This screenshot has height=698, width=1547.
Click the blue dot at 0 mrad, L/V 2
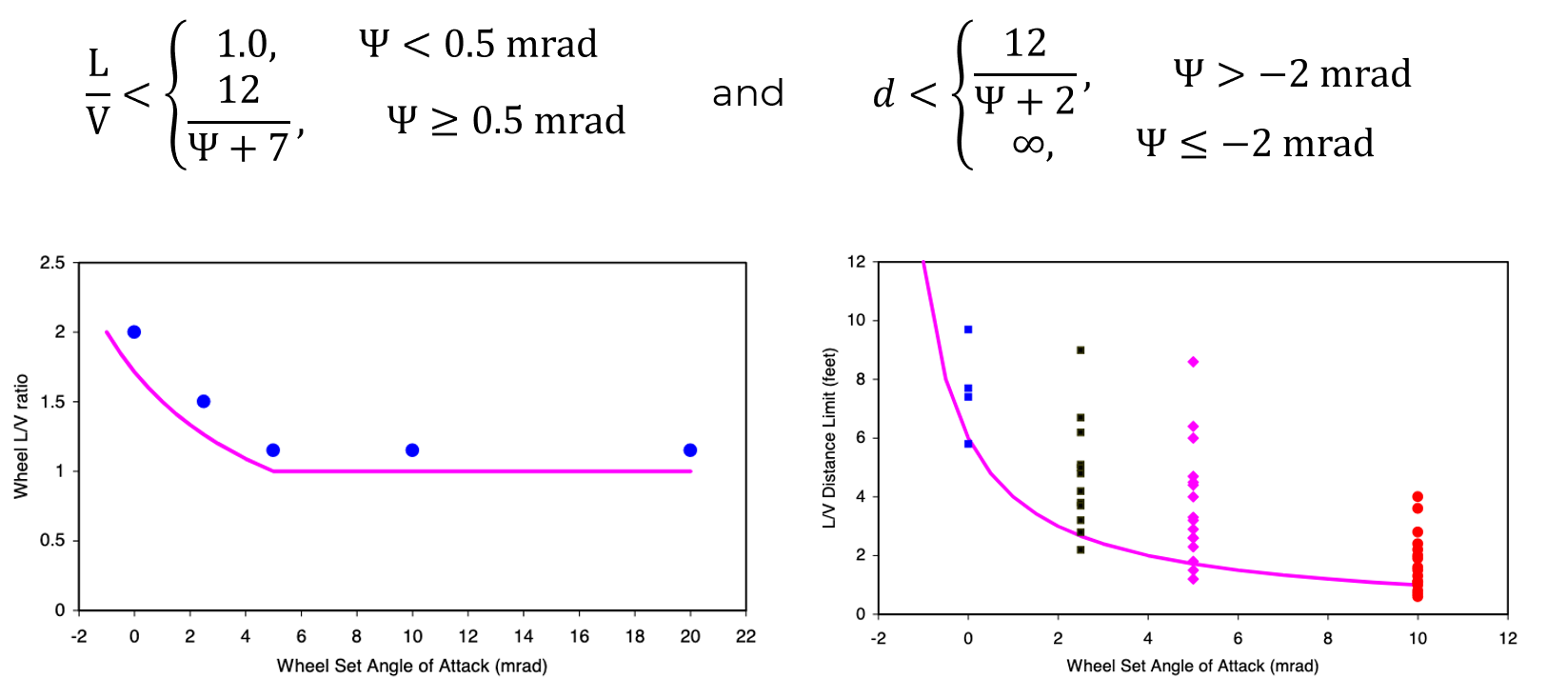[x=134, y=331]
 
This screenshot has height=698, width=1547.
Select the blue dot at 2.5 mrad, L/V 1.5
[x=204, y=401]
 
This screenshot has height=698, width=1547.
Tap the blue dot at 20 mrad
[x=690, y=449]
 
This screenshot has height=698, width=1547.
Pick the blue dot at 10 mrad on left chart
[x=412, y=449]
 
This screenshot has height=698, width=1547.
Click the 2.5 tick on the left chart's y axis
[x=53, y=263]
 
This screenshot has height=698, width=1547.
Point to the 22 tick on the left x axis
[x=745, y=636]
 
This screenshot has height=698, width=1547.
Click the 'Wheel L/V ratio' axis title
[x=21, y=436]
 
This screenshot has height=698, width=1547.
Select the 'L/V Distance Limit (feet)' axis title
[x=829, y=438]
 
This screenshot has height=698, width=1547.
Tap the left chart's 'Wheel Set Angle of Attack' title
[x=411, y=666]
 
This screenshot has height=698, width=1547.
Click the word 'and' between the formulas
[x=748, y=93]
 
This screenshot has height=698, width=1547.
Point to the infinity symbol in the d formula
[x=1028, y=144]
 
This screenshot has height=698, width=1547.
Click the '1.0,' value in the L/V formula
[x=247, y=44]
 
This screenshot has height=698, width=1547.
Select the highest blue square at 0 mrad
[x=968, y=329]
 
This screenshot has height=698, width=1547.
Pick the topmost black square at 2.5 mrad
[x=1081, y=350]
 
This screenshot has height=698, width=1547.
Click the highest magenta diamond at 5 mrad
[x=1193, y=362]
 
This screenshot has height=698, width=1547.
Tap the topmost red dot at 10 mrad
[x=1418, y=496]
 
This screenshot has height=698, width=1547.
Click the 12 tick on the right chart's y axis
[x=856, y=261]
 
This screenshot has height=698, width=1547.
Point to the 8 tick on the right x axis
[x=1327, y=638]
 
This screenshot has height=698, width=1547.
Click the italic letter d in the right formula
[x=884, y=93]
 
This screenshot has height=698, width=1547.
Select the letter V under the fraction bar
[x=98, y=120]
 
